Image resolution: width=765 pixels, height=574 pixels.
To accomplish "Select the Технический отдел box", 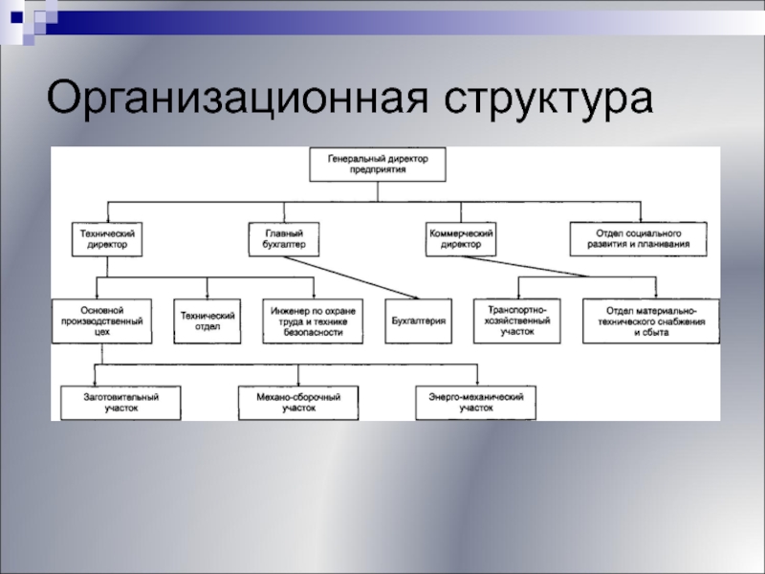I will click(x=208, y=321).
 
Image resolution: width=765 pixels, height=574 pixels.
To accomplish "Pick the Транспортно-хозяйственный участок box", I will click(x=517, y=321).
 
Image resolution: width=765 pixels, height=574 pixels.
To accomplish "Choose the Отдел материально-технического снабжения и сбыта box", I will click(x=649, y=321).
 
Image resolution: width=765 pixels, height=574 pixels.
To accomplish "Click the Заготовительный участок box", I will click(x=120, y=403).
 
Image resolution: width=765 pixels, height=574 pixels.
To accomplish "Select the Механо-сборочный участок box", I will click(x=298, y=403).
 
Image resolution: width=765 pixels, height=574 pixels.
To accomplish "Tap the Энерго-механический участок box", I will click(x=475, y=403).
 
